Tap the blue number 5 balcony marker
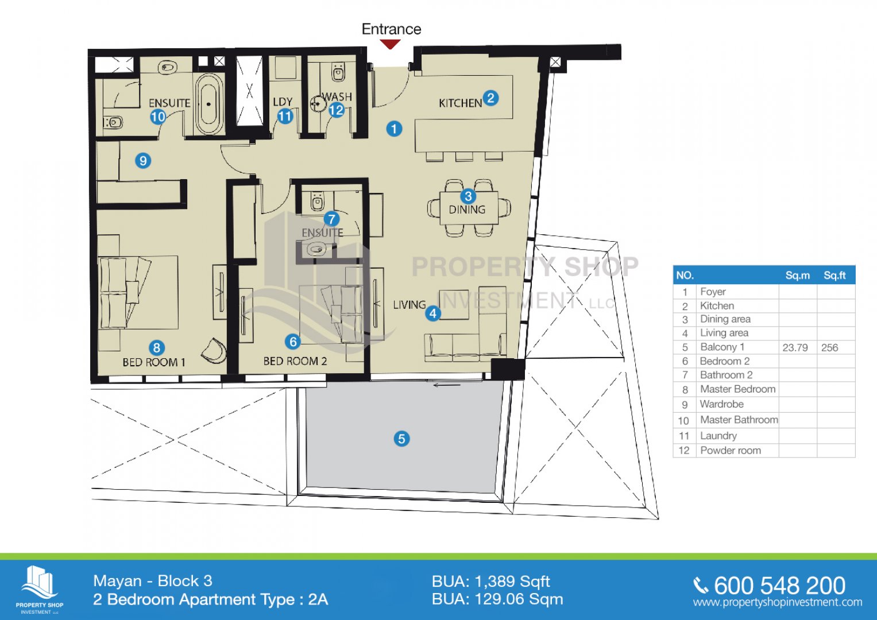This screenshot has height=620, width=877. pos(401,439)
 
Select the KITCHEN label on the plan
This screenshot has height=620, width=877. pos(461,103)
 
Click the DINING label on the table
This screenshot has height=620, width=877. pos(467,210)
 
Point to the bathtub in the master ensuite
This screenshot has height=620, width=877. pos(209,104)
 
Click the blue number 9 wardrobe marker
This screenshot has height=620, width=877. pos(143,161)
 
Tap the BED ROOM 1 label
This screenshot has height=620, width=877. pos(154,362)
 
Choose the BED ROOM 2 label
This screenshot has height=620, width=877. pos(295,361)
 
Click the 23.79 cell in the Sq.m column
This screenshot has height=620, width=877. pos(795,347)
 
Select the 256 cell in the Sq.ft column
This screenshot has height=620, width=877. pos(830,347)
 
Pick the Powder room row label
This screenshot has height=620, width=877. pos(731,451)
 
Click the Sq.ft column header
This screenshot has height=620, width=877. pos(834,276)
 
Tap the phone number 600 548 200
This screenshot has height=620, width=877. pos(779,586)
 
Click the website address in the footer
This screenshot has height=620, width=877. pos(778,603)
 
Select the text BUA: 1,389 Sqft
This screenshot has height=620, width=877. pos(491,582)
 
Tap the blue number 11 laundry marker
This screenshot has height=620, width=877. pos(285,116)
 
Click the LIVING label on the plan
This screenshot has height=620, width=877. pos(409,305)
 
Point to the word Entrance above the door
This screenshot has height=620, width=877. pos(392,29)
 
